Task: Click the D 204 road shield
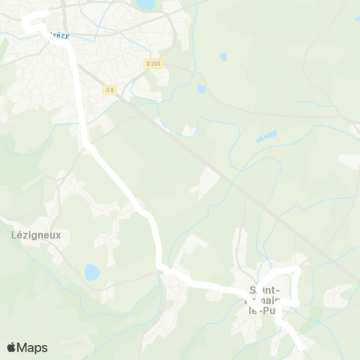click(152, 64)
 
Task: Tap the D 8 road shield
click(109, 90)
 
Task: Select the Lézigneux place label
click(35, 233)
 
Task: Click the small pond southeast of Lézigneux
click(91, 271)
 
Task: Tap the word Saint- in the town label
click(265, 290)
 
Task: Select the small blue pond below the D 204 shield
click(201, 88)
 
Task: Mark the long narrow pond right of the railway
click(266, 136)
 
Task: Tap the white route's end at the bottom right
click(300, 347)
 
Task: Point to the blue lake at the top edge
click(146, 4)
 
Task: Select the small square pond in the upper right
click(223, 56)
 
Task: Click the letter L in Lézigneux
click(15, 233)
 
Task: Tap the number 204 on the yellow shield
click(155, 64)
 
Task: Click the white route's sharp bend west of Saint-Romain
click(160, 268)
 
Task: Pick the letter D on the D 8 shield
click(107, 90)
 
